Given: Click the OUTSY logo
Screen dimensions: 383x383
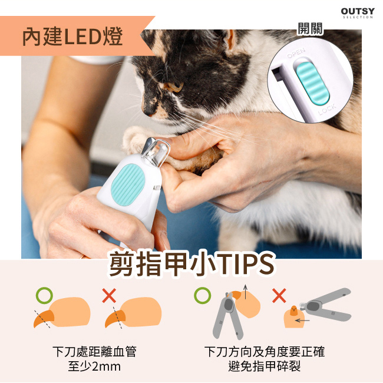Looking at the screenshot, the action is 358,13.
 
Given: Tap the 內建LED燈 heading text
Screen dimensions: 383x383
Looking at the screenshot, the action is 72,37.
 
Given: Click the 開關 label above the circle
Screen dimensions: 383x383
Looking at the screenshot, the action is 310,29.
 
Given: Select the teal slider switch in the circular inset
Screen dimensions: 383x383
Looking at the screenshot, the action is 313,83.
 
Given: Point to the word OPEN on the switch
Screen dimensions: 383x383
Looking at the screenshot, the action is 296,53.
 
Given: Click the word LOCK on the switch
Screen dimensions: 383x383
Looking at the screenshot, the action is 327,110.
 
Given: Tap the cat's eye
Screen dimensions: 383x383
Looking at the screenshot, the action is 175,86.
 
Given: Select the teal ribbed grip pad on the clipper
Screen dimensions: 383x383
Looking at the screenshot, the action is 128,184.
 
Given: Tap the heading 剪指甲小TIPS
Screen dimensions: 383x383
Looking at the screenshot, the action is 192,265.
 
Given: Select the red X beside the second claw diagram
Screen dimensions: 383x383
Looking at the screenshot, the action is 109,296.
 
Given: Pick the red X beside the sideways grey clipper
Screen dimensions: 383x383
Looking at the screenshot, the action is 279,296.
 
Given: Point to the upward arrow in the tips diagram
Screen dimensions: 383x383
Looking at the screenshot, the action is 246,292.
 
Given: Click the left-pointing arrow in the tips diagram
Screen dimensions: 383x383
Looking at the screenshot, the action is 302,321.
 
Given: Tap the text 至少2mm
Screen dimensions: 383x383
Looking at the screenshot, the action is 94,367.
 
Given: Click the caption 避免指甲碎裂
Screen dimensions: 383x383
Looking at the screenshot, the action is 265,367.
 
